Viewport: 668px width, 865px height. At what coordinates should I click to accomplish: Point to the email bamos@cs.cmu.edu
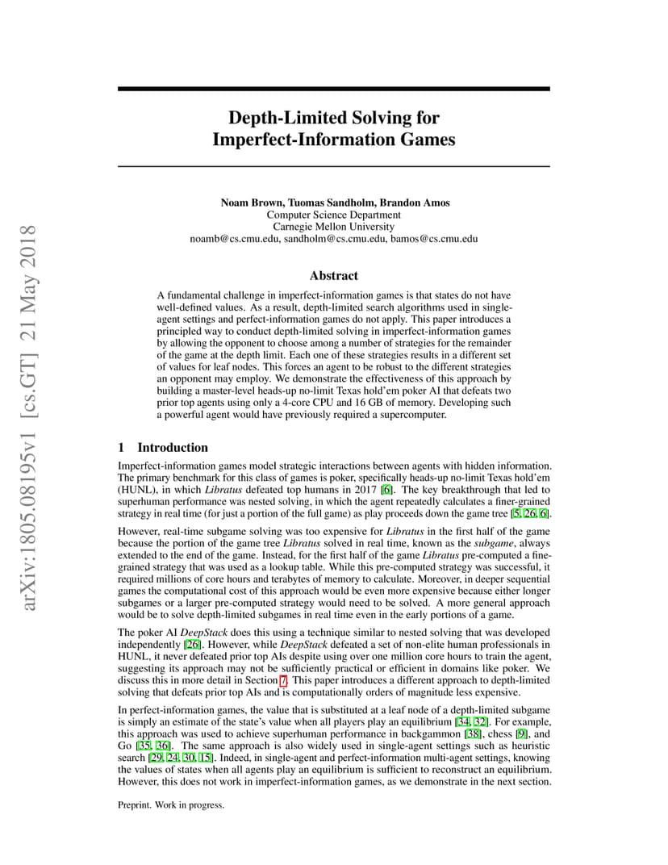coord(434,239)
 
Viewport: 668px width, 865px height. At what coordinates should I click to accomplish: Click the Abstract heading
coord(333,275)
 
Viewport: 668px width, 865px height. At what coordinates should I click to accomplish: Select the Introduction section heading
coord(173,447)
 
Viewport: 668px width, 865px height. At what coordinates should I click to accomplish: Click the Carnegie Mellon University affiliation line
coord(333,227)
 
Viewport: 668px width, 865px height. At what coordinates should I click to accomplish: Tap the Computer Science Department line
coord(333,215)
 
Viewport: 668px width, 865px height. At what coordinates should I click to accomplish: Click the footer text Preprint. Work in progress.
coord(171,804)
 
